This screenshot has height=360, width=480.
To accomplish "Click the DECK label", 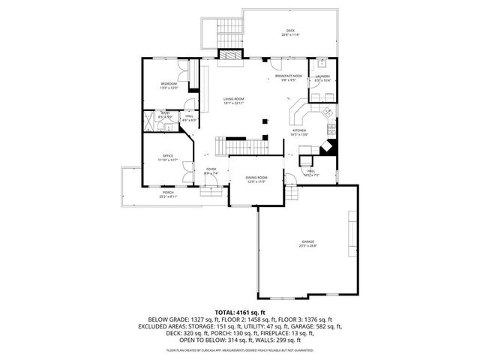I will (289, 31).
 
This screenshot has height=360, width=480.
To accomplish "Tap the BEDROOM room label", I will (168, 84).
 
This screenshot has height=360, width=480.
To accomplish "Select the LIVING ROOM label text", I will (234, 99).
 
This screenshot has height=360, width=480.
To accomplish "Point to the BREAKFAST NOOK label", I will (288, 76).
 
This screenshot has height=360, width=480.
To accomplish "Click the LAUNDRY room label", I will (323, 76).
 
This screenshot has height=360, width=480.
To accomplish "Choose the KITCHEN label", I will (299, 130).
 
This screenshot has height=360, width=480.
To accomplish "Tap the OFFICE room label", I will (167, 155).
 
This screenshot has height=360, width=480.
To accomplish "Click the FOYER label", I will (211, 169).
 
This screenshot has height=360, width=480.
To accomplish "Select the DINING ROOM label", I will (256, 177).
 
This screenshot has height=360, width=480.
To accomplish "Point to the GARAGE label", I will (308, 241).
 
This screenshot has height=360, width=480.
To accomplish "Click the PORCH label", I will (168, 193).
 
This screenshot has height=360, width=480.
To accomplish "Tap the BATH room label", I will (164, 113).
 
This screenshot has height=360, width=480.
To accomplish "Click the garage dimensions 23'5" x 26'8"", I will (308, 245).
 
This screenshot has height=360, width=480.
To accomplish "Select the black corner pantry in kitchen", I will (327, 148).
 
